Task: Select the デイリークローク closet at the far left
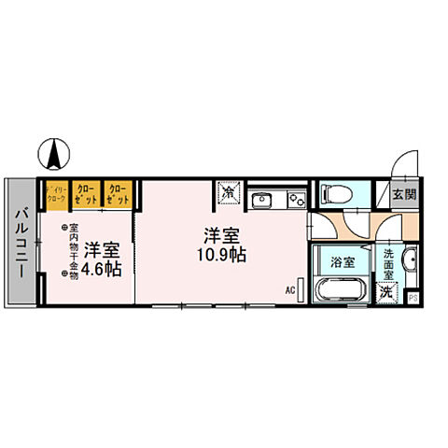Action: point(56,193)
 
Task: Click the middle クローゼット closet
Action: point(87,193)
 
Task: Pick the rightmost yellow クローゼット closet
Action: point(118,193)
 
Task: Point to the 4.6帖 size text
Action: point(100,270)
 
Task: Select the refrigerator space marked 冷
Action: point(229,192)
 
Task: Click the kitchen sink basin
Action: point(262,198)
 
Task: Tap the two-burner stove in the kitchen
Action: point(296,198)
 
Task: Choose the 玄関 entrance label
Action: point(403,195)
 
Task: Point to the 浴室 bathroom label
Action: point(342,262)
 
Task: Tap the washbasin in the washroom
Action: point(412,261)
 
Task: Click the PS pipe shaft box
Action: point(413,298)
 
